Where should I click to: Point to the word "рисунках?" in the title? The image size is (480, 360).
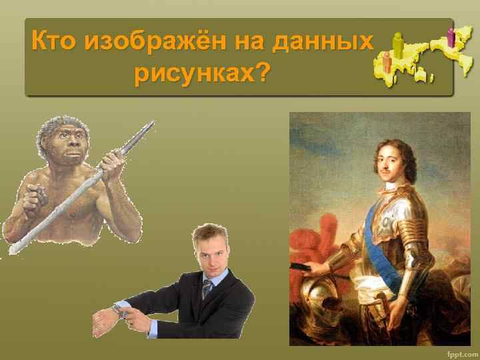pyautogui.click(x=201, y=73)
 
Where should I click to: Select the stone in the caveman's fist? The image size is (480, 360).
pyautogui.click(x=40, y=198)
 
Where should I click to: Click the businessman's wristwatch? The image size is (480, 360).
pyautogui.click(x=120, y=309)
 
